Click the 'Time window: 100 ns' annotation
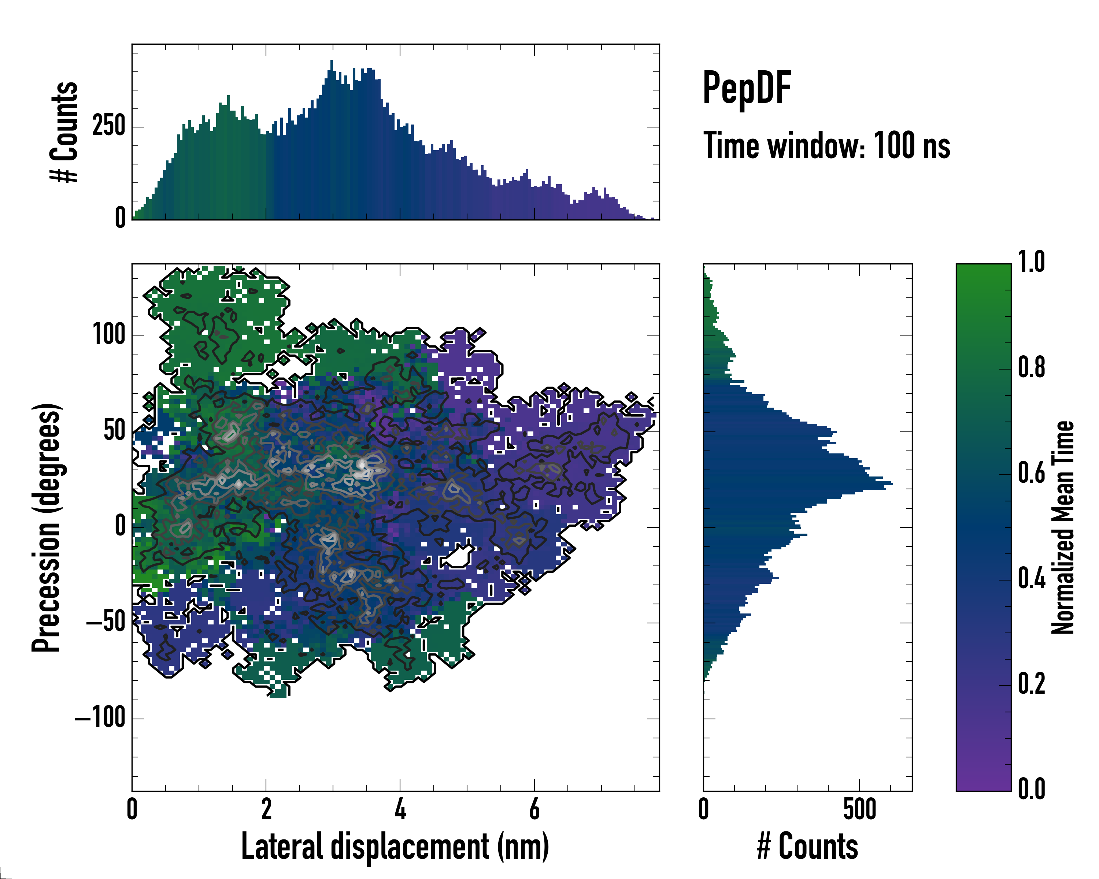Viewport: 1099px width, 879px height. pyautogui.click(x=826, y=146)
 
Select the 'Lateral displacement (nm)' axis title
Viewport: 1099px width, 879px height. pyautogui.click(x=395, y=846)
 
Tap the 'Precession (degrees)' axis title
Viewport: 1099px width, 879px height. pyautogui.click(x=47, y=527)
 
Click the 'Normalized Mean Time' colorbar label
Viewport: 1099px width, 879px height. pyautogui.click(x=1062, y=527)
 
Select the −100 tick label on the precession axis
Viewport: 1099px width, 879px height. pyautogui.click(x=100, y=717)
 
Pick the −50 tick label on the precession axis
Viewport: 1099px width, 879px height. pyautogui.click(x=106, y=622)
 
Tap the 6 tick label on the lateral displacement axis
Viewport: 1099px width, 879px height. pyautogui.click(x=534, y=809)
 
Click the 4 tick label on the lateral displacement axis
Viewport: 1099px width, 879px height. pyautogui.click(x=400, y=809)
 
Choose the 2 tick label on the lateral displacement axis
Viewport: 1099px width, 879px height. pyautogui.click(x=266, y=809)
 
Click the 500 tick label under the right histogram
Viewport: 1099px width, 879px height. pyautogui.click(x=859, y=809)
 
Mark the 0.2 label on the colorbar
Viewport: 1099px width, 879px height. pyautogui.click(x=1031, y=683)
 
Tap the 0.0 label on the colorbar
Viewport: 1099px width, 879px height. pyautogui.click(x=1031, y=789)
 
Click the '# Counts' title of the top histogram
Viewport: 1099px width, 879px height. pyautogui.click(x=64, y=131)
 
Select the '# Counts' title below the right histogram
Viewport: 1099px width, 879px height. pyautogui.click(x=807, y=846)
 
